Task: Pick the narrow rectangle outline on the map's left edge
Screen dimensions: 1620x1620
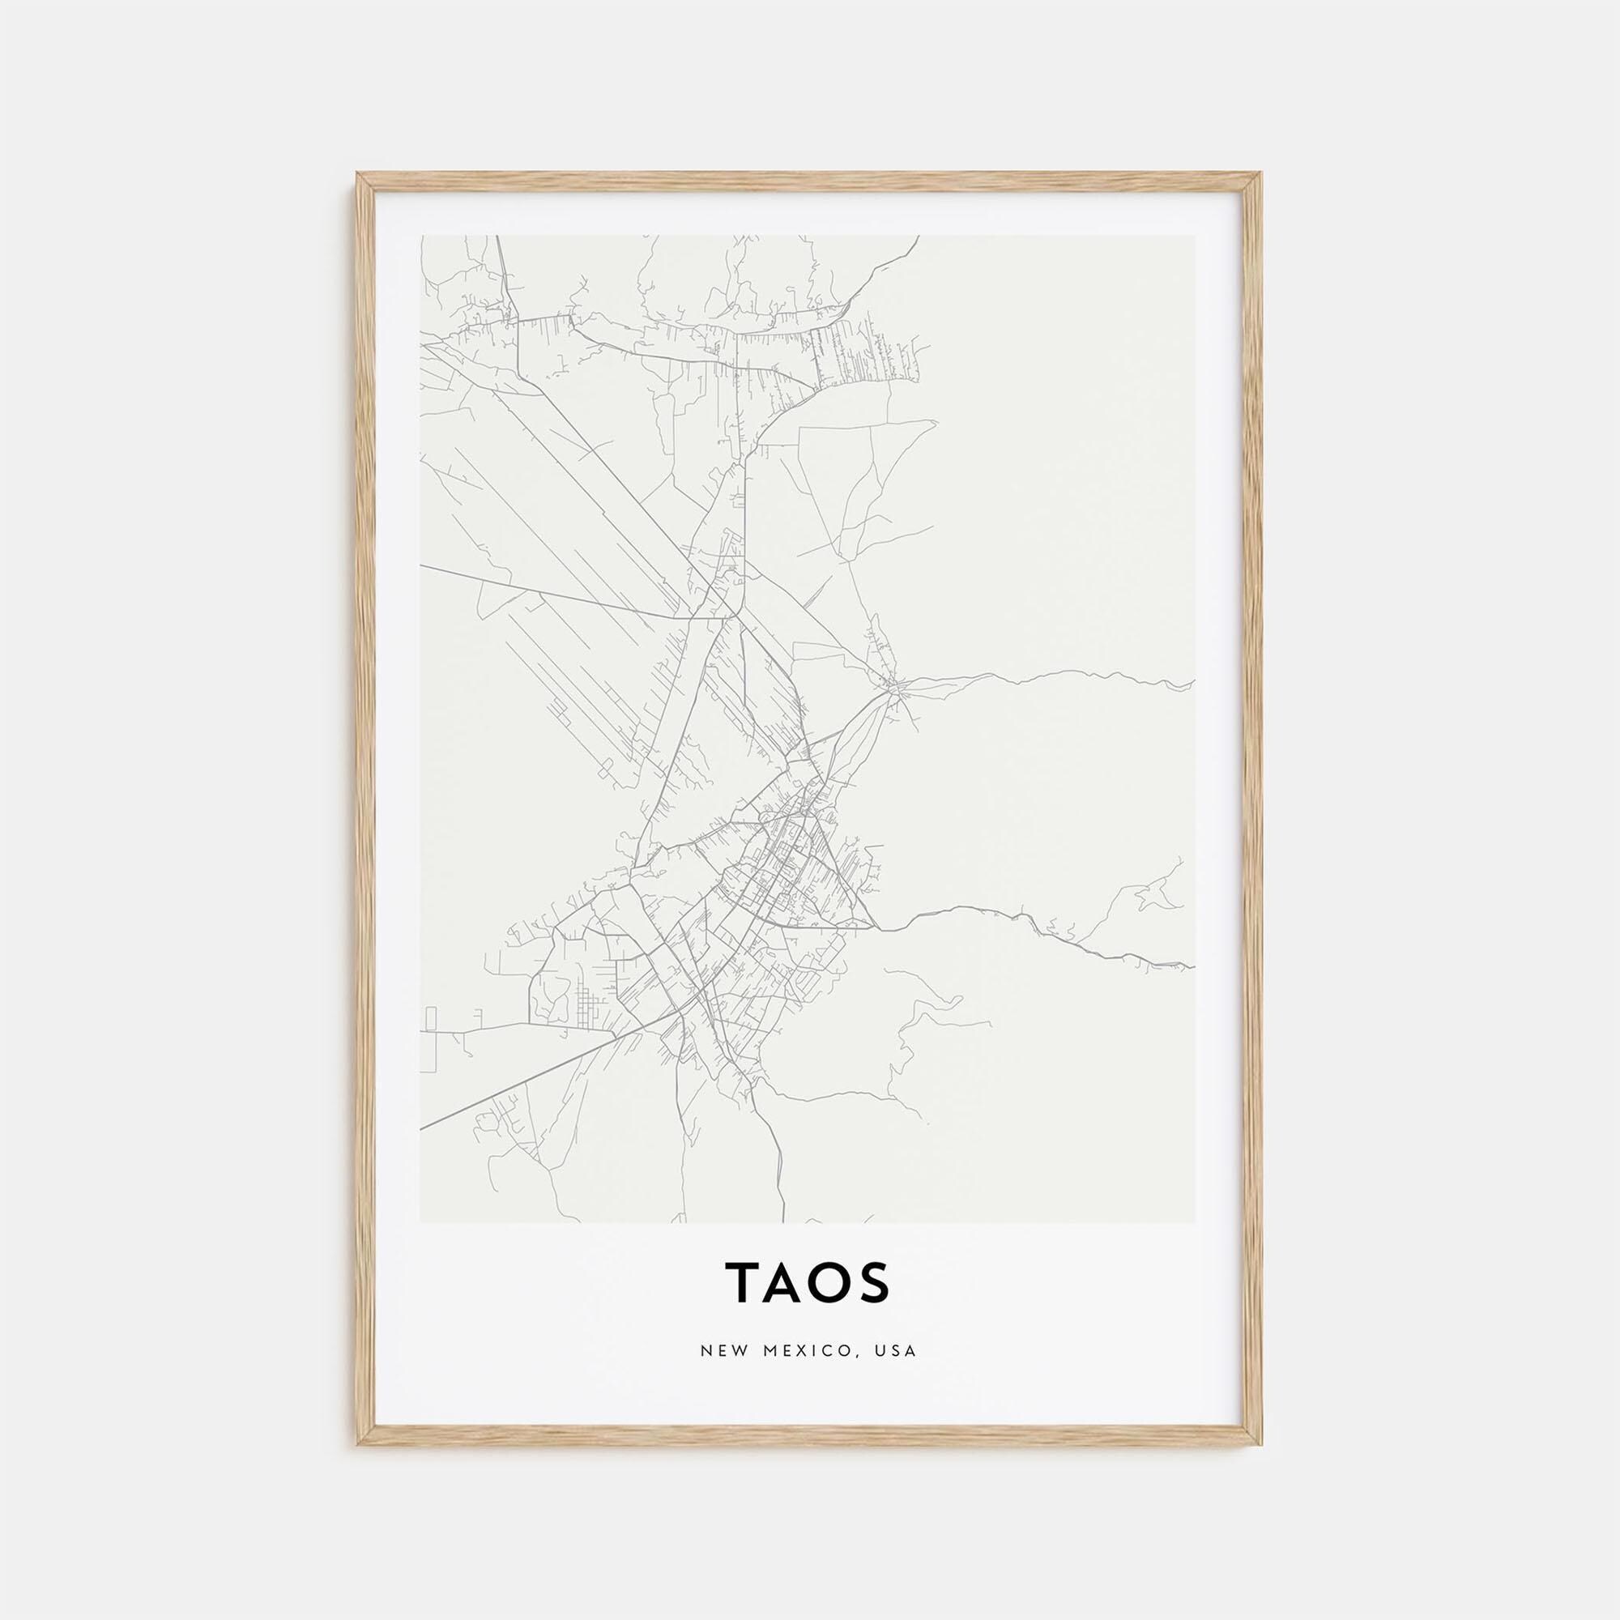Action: click(x=430, y=1018)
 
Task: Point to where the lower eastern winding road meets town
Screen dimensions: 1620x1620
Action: click(x=877, y=928)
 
